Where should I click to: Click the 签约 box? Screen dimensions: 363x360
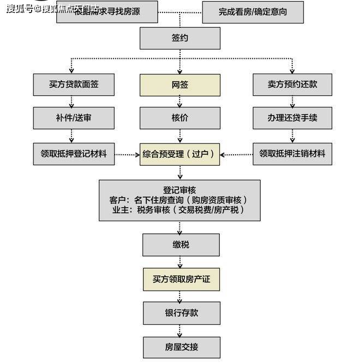pos(180,39)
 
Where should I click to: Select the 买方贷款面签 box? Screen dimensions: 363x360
pos(74,85)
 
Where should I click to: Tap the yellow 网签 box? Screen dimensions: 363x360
pos(180,85)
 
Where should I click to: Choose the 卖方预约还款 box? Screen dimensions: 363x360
pos(292,85)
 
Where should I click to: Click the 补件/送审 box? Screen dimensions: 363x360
pos(74,118)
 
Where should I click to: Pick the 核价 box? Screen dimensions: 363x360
pos(180,118)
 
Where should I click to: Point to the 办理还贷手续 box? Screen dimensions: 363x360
pos(292,118)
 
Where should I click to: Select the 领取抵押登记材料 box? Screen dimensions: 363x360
pos(74,154)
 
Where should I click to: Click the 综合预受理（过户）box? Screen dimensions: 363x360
pos(180,154)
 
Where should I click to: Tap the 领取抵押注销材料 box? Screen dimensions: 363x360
pos(292,154)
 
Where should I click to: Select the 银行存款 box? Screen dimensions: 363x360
pos(181,313)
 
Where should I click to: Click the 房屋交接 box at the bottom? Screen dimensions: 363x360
pos(181,347)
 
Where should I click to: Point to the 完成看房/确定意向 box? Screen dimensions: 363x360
pos(253,11)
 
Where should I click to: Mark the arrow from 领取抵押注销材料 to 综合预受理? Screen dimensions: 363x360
pos(236,154)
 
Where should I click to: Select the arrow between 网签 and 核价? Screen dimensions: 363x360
pos(180,101)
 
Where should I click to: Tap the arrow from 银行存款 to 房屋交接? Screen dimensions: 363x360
pos(181,330)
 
